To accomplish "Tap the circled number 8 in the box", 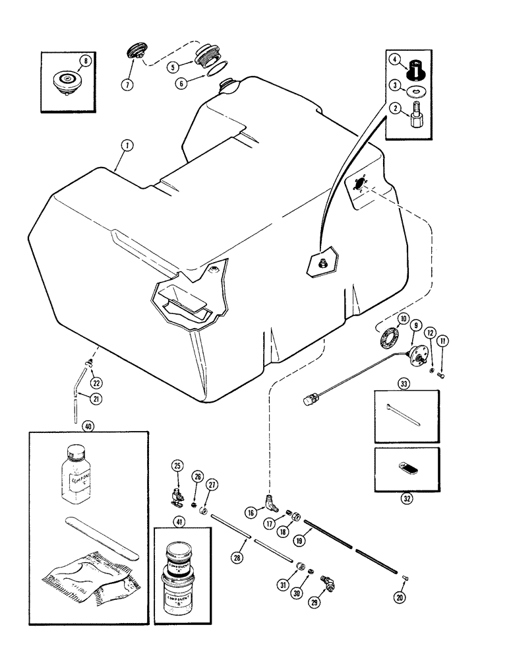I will point(84,63).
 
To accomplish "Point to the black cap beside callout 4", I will point(417,68).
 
